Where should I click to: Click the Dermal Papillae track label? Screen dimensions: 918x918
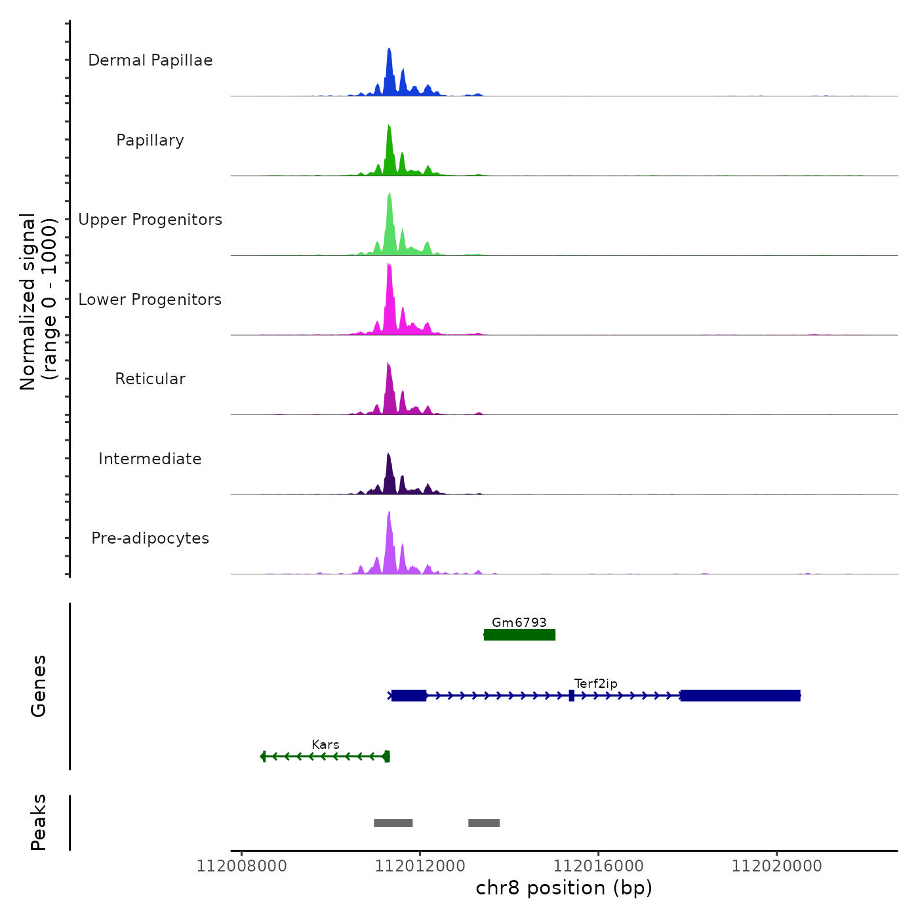(x=150, y=60)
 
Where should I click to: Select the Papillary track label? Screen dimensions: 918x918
(x=150, y=140)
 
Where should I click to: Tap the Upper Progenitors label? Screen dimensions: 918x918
(x=150, y=220)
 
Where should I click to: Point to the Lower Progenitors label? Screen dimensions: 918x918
(x=150, y=300)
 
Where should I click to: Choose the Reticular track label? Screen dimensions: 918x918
(x=150, y=379)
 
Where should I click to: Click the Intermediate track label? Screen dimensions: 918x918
(x=150, y=459)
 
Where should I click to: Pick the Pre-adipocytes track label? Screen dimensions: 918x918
(x=150, y=538)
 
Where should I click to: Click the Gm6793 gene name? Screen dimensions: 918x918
(x=519, y=622)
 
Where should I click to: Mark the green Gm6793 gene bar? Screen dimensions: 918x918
(x=519, y=635)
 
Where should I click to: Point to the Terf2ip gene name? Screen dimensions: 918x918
(x=595, y=684)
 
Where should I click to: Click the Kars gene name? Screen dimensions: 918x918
(x=325, y=745)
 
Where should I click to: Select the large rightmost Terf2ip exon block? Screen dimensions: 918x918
(x=740, y=696)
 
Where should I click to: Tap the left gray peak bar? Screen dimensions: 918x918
(x=393, y=823)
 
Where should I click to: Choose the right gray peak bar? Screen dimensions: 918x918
(x=484, y=823)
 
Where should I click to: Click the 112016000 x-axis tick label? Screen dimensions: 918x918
(x=598, y=866)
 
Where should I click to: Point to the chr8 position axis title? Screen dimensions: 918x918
(x=564, y=888)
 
